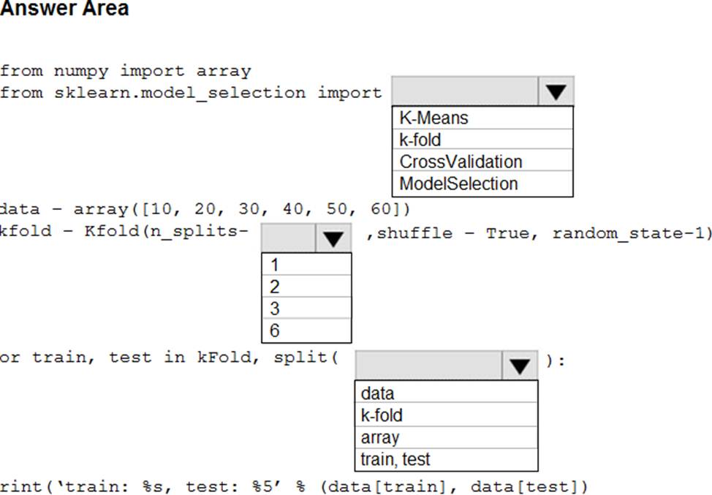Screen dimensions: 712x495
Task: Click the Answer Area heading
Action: [64, 8]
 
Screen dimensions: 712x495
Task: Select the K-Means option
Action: [433, 118]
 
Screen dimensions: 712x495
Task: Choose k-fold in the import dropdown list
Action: [420, 140]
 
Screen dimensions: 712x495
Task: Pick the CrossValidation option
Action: [461, 162]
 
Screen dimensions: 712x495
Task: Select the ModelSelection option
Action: [458, 184]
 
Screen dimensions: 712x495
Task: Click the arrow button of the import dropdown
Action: [556, 91]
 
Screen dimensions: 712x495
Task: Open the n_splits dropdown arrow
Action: [333, 238]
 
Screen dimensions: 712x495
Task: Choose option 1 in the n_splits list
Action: [274, 265]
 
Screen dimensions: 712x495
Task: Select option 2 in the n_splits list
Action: [274, 287]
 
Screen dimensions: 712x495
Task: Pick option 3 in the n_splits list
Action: [274, 309]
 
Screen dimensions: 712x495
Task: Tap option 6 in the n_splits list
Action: [274, 330]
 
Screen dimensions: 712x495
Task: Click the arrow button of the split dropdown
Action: [520, 366]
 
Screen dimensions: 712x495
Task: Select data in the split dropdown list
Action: [377, 393]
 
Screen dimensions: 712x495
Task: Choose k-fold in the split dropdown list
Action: [382, 415]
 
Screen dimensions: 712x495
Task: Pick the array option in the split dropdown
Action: [380, 437]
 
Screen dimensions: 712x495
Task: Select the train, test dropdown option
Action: [395, 459]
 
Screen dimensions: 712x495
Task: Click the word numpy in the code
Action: [81, 72]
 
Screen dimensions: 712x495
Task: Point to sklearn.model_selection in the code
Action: [180, 93]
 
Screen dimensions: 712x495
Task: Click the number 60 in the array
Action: [382, 208]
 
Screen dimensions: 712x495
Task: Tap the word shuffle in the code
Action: [414, 233]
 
